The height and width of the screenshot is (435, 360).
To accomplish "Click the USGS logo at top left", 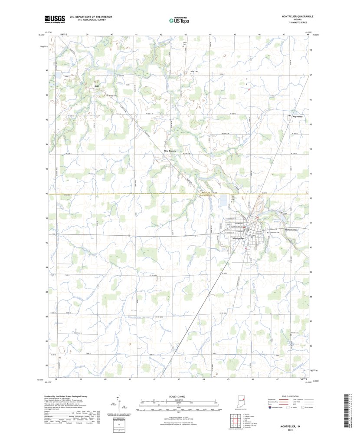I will coord(54,19).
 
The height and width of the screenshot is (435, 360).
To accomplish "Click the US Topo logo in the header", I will coord(179,20).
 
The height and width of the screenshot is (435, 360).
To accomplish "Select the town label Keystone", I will coord(298,116).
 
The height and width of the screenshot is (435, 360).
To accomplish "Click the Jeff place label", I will coord(97,86).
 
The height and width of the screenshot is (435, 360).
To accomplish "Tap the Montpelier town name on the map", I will coord(239,238).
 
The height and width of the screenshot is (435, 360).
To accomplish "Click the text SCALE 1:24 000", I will coord(180,397).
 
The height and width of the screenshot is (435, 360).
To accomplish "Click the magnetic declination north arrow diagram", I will coord(118,403).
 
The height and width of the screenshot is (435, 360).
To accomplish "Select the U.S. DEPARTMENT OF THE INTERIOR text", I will coord(91,17).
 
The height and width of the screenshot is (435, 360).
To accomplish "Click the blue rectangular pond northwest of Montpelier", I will coord(223,201).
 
